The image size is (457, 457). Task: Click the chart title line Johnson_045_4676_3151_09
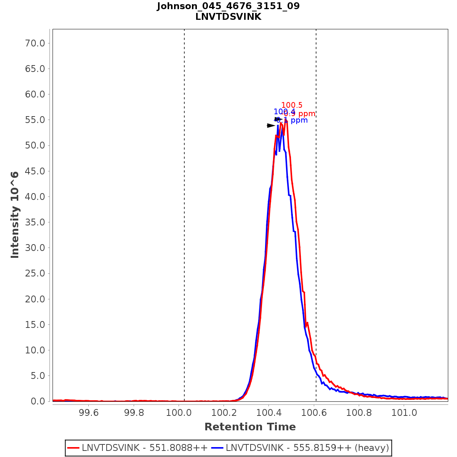point(228,6)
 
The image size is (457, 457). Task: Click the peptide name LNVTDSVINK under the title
point(228,17)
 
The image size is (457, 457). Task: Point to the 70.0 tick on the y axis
point(35,43)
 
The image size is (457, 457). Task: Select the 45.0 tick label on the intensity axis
point(35,171)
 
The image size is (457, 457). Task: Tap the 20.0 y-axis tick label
point(35,299)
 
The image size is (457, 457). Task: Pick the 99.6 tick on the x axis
point(88,412)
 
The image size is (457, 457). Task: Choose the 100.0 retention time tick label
point(179,412)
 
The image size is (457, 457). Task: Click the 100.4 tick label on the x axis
point(268,412)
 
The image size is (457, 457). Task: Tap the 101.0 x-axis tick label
point(404,412)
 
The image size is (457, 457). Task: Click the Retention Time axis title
point(250,427)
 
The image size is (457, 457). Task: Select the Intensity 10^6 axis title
point(15,215)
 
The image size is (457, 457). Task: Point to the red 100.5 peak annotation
point(292,105)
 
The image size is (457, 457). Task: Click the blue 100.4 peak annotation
point(284,112)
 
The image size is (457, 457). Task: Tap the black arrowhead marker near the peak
point(271,126)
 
